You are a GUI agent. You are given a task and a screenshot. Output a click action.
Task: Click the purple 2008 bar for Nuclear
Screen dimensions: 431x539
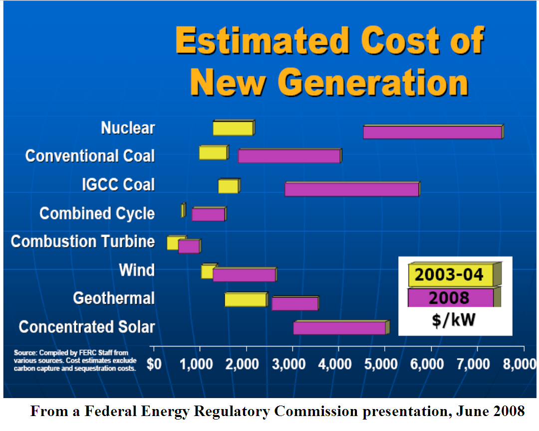tap(432, 132)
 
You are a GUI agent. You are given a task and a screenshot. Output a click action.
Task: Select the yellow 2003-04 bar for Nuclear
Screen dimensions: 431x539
tap(233, 128)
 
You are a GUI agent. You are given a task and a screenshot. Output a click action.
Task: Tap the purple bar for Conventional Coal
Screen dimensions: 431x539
tap(289, 156)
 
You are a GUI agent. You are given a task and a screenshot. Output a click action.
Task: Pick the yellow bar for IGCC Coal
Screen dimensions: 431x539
tap(229, 186)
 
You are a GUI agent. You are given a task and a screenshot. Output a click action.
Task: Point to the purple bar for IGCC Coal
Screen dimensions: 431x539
tap(352, 190)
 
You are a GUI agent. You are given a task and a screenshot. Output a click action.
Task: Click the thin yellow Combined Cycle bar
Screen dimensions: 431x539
tap(183, 211)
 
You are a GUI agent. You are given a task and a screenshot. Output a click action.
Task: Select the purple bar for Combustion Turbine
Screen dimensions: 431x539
tap(189, 246)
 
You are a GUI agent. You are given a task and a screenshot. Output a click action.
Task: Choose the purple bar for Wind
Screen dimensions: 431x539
tap(244, 275)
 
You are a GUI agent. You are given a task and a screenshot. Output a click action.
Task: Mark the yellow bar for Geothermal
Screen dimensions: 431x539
tap(246, 299)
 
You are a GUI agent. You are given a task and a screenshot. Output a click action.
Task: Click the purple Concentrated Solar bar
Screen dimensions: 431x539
tap(339, 328)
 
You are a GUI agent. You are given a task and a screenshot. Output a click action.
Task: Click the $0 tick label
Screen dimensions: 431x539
tap(154, 364)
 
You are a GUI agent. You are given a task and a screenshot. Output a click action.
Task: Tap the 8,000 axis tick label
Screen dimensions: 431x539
tap(519, 364)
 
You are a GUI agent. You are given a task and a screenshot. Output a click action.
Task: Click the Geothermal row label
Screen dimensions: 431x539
tap(114, 298)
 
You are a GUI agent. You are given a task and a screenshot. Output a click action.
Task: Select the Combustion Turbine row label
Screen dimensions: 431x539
tap(83, 241)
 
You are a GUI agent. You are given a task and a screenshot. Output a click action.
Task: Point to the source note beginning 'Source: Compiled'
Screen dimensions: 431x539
tap(75, 361)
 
